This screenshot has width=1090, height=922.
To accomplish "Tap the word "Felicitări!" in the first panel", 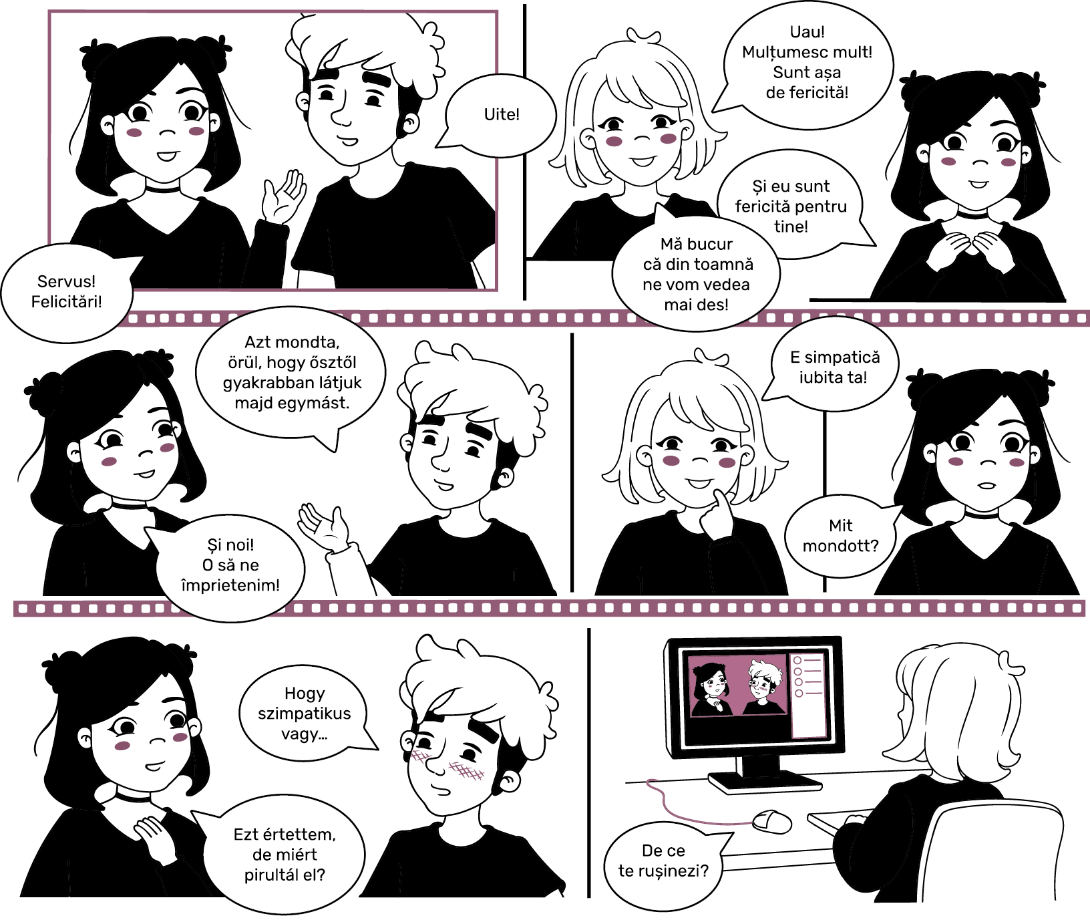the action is pyautogui.click(x=67, y=301).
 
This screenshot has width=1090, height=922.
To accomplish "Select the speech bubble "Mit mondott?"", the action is pyautogui.click(x=840, y=536).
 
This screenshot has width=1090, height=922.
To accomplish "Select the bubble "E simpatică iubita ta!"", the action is pyautogui.click(x=834, y=366).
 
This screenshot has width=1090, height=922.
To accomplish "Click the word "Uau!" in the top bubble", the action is pyautogui.click(x=807, y=32).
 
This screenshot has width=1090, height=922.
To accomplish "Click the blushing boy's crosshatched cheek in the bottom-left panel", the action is pyautogui.click(x=466, y=772).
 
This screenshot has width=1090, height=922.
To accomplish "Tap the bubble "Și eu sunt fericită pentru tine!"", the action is pyautogui.click(x=792, y=205).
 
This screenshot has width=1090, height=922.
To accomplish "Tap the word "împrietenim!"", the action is pyautogui.click(x=230, y=585).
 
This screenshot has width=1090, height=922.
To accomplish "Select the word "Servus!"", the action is pyautogui.click(x=66, y=281).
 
